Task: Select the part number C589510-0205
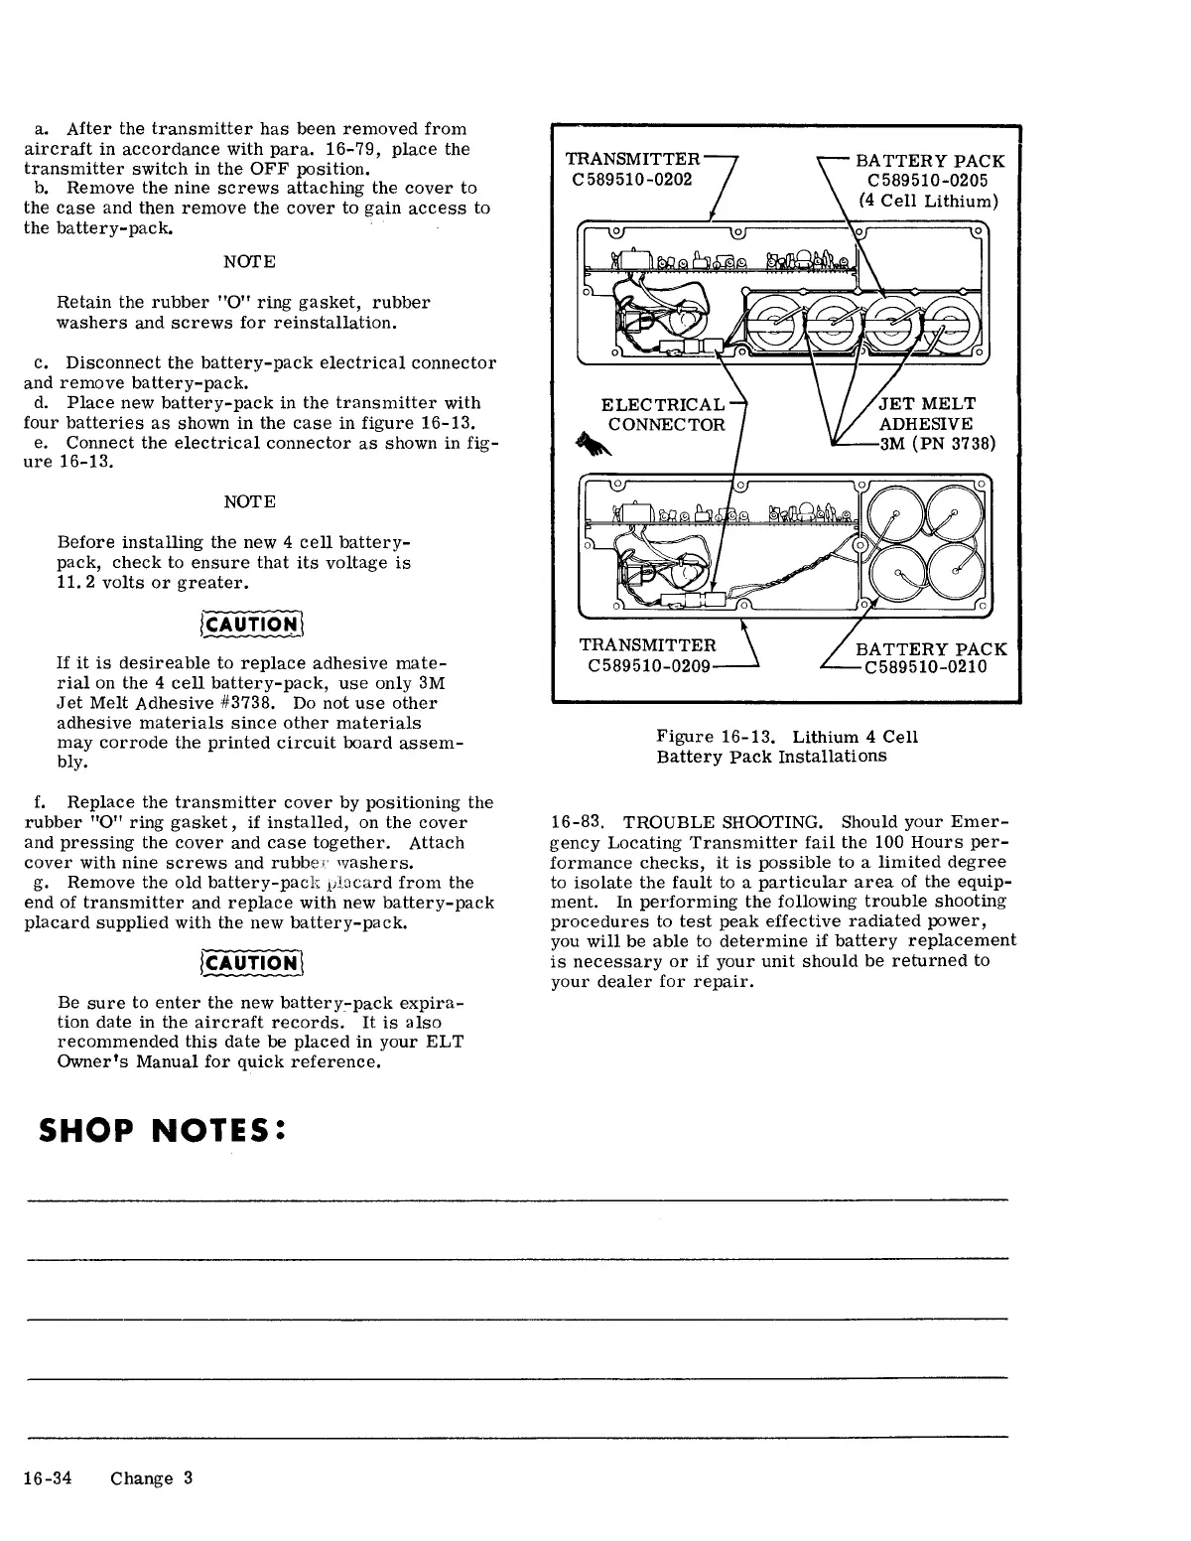[927, 181]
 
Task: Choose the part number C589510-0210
[926, 666]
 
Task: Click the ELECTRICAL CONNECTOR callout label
[664, 415]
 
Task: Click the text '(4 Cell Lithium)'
[929, 201]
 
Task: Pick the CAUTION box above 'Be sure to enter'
[249, 962]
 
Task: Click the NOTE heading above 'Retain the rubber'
[249, 261]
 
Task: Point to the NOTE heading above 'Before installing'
[249, 501]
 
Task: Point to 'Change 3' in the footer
[152, 1477]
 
